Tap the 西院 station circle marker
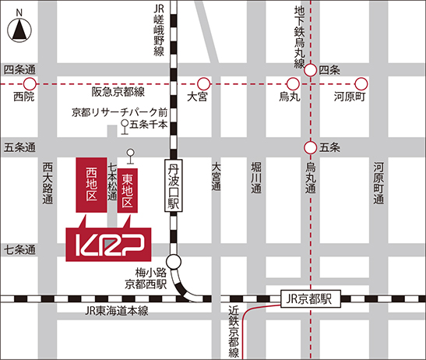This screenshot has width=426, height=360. tap(30, 83)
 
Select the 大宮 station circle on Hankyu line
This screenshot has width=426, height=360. tap(203, 83)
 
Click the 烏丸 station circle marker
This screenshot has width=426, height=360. tap(293, 83)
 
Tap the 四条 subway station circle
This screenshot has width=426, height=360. tap(311, 70)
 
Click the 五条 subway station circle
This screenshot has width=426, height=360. tap(311, 146)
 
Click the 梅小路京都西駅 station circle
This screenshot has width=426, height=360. tap(174, 263)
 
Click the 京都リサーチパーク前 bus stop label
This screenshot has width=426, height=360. tap(119, 111)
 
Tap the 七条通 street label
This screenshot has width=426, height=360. tap(19, 250)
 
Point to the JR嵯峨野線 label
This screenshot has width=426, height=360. tap(158, 30)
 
